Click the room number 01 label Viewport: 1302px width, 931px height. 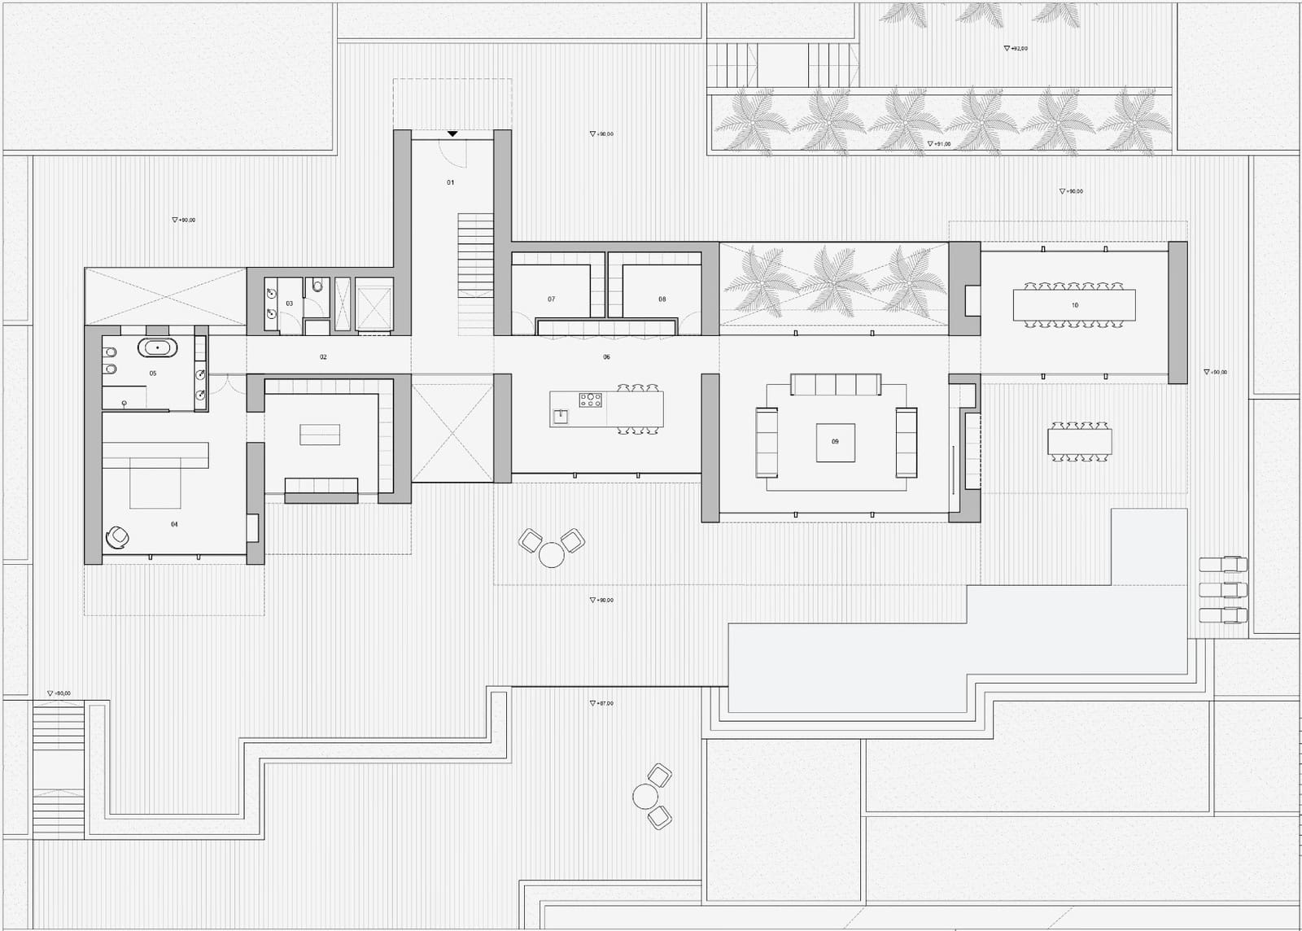451,182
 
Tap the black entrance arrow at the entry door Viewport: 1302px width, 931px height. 452,133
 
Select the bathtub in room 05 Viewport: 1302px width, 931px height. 157,348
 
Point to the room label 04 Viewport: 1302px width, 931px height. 174,525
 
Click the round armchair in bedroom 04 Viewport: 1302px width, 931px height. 118,537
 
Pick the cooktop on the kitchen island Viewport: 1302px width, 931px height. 590,400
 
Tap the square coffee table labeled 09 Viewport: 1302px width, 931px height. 835,443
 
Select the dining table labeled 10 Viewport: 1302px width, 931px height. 1074,305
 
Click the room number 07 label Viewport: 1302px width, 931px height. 552,299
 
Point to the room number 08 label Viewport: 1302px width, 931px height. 662,299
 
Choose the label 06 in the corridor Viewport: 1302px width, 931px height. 606,357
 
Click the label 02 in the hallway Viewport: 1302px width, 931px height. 323,357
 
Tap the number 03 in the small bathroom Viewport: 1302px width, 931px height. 290,304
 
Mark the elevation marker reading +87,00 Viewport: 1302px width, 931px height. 602,703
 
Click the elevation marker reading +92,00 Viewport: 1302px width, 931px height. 1016,49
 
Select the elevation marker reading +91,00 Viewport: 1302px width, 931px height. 939,144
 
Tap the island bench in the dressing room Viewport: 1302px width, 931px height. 320,435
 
